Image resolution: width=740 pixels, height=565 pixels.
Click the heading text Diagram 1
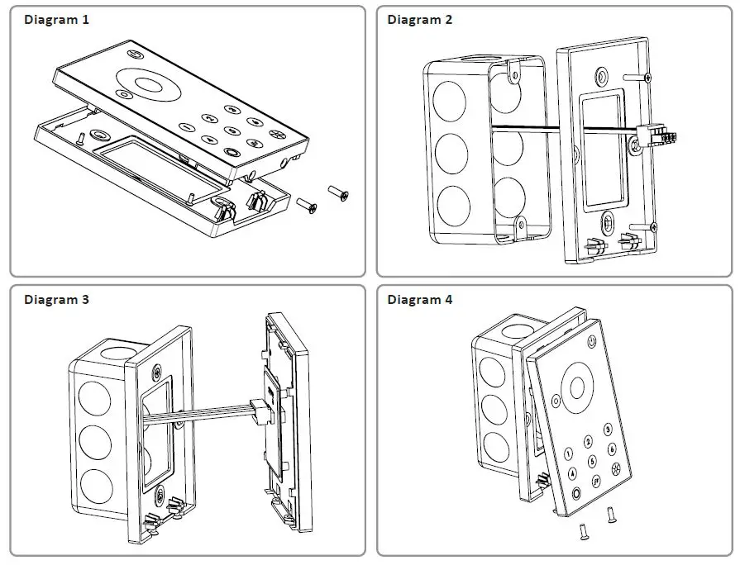[x=56, y=20]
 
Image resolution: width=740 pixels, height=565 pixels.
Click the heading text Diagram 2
[x=420, y=20]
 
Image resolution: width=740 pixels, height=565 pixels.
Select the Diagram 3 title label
[x=56, y=300]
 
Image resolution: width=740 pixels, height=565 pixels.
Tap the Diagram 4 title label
[x=420, y=300]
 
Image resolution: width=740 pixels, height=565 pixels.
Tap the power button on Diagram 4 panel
[x=592, y=341]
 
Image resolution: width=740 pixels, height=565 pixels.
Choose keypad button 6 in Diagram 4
[x=612, y=449]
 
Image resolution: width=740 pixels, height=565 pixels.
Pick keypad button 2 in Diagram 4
[x=588, y=441]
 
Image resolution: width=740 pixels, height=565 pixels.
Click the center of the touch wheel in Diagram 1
[x=150, y=84]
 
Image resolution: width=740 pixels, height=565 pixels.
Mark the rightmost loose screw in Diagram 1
[x=338, y=192]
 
